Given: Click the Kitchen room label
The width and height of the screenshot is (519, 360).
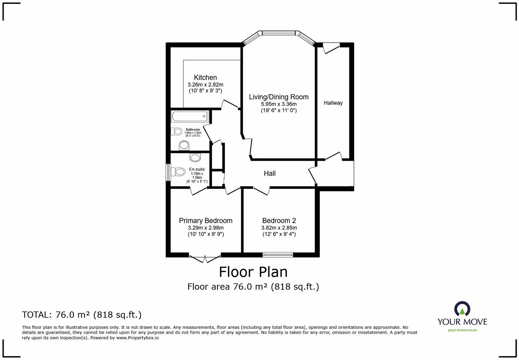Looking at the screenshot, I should [205, 77].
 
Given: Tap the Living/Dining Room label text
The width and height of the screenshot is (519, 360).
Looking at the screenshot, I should [278, 97].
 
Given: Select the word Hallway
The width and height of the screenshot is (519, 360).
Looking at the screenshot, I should [333, 103].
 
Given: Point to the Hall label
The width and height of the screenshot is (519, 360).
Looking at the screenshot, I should [269, 173].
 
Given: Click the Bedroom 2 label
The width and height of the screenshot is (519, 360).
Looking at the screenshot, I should [279, 221].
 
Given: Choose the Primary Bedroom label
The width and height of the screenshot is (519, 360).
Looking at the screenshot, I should [206, 221].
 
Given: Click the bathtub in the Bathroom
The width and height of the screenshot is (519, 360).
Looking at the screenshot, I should [190, 116].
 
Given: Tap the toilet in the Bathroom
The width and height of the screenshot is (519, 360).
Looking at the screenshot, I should [176, 131].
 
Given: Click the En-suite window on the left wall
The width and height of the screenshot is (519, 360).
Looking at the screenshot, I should [168, 172].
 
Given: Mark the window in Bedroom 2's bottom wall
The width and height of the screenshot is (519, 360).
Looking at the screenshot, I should [278, 254].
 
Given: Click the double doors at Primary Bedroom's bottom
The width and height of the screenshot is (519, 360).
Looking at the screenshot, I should [205, 258].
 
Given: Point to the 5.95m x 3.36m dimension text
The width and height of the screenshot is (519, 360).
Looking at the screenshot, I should [278, 104].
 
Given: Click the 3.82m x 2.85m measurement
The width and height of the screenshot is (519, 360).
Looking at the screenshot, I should [279, 228].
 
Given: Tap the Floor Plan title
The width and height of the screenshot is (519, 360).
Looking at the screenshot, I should [253, 272].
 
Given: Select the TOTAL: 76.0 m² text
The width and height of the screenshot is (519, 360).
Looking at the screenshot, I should [82, 315].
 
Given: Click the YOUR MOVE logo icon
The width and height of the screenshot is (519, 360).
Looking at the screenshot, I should [462, 309].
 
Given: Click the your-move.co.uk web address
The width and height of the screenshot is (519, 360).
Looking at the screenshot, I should [462, 330].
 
